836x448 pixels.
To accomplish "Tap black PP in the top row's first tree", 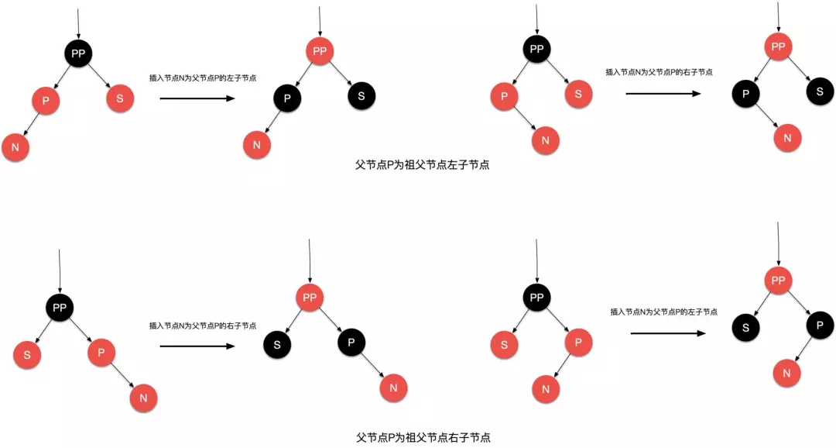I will click(x=78, y=53).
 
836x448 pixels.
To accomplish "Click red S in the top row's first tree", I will click(x=120, y=98).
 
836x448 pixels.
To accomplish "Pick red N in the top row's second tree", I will click(x=257, y=144).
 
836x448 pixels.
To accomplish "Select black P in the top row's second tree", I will click(x=287, y=98).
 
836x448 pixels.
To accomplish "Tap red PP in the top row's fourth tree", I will click(x=778, y=47).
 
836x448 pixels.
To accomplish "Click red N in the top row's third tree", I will click(x=545, y=140).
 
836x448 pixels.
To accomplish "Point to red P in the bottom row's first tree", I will click(x=101, y=353).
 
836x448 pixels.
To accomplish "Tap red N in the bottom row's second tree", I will click(x=393, y=387).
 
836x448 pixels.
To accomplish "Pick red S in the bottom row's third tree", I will click(x=504, y=343).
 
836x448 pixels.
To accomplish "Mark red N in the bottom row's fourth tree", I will click(x=786, y=373).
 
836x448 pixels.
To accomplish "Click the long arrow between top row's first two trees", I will click(x=197, y=99).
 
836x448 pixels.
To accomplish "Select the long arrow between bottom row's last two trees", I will click(x=668, y=333).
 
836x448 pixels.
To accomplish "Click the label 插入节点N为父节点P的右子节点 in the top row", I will click(x=659, y=72).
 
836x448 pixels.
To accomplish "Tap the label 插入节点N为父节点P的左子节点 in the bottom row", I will click(x=663, y=312).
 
